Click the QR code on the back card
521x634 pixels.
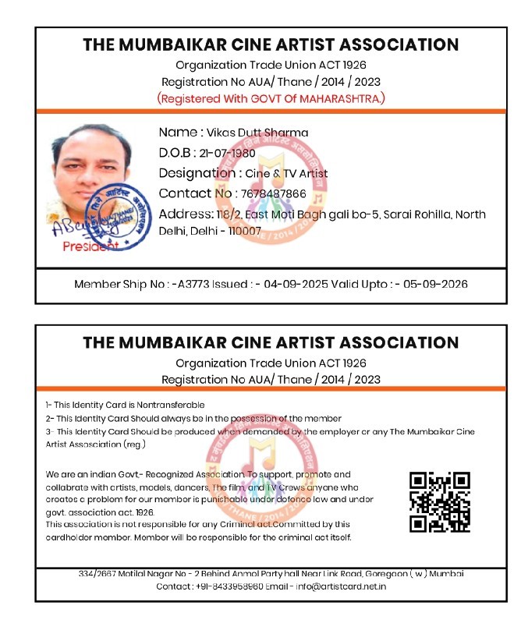click(440, 501)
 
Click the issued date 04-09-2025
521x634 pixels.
click(294, 284)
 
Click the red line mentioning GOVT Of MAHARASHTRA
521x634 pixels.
click(271, 99)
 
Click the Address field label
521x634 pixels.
click(186, 214)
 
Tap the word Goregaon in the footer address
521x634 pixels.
click(384, 573)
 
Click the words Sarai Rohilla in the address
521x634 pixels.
click(415, 214)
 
